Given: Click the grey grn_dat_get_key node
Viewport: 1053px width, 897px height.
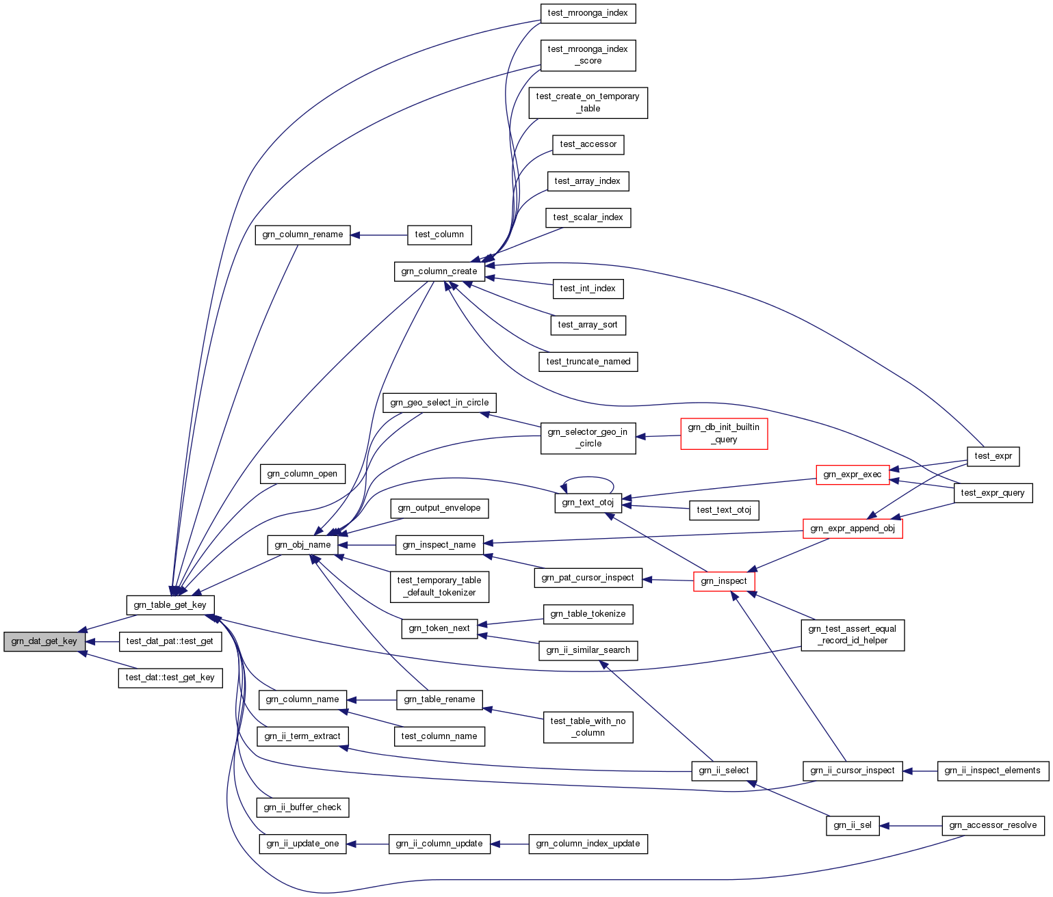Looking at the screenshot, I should (44, 641).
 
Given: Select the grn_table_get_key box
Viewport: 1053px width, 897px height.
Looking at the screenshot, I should (170, 605).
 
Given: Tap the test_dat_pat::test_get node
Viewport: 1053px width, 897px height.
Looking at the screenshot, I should (170, 641).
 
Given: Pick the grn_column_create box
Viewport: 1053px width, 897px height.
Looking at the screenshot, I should (439, 271).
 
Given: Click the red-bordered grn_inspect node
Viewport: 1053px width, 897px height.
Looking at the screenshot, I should (724, 581).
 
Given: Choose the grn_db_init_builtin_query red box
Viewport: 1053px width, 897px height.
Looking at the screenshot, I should (724, 433).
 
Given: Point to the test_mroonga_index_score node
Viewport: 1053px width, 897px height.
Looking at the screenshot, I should (588, 55).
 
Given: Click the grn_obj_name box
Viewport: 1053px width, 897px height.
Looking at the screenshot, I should (302, 545).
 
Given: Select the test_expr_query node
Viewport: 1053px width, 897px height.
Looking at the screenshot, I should (993, 493).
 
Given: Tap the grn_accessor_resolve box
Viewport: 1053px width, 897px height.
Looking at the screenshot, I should (993, 825).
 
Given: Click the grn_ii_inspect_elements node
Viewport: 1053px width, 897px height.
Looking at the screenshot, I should (992, 771).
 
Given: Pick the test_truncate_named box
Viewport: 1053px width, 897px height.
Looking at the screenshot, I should (588, 362).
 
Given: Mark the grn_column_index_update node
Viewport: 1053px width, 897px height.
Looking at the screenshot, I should (588, 844).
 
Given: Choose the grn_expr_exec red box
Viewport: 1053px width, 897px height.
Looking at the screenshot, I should (853, 474).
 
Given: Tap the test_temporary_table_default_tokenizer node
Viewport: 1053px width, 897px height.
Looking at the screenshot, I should (439, 587).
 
